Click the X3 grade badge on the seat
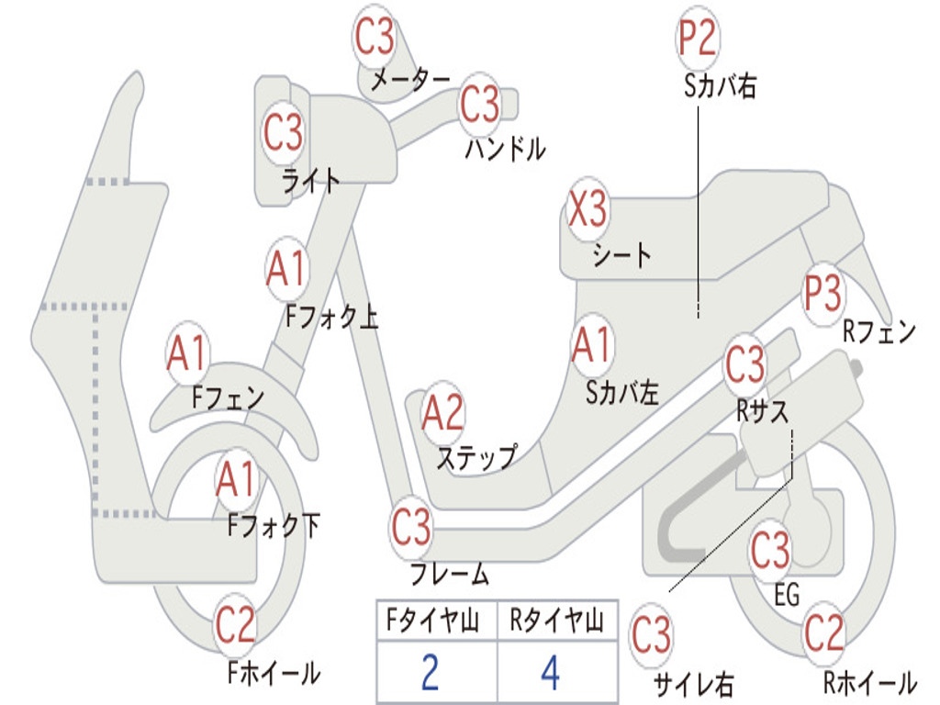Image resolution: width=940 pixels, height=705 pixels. click(x=587, y=210)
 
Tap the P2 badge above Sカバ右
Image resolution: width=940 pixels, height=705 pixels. click(x=697, y=38)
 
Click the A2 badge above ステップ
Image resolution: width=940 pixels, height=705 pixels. click(x=442, y=414)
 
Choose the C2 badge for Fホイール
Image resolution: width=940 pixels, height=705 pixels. click(x=235, y=626)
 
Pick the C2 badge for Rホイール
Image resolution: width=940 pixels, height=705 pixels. click(x=823, y=632)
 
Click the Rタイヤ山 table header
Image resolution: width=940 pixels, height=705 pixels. click(x=556, y=622)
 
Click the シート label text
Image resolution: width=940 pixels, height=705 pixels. click(x=621, y=254)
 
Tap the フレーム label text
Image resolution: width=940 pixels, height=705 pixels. click(x=449, y=576)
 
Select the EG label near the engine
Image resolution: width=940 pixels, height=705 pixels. click(x=787, y=595)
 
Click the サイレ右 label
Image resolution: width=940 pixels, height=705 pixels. click(x=693, y=683)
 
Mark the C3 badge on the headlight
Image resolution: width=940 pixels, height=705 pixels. click(x=283, y=133)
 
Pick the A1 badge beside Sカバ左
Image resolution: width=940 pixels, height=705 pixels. click(x=591, y=345)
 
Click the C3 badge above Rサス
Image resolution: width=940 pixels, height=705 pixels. click(x=744, y=364)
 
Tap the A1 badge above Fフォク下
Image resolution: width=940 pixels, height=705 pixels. click(x=238, y=479)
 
